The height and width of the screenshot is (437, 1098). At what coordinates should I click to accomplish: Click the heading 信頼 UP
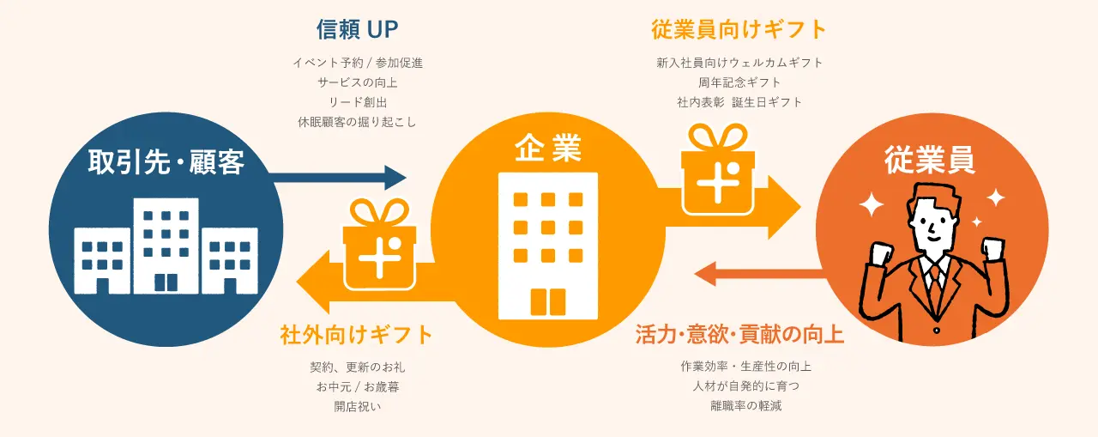(x=358, y=30)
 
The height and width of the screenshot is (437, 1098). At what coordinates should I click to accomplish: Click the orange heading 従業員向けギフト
(x=739, y=30)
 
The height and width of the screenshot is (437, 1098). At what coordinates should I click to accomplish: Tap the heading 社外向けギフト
(x=357, y=335)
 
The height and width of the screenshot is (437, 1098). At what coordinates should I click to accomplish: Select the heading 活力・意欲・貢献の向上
(x=739, y=335)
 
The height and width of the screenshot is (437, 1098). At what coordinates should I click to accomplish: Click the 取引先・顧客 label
(x=166, y=162)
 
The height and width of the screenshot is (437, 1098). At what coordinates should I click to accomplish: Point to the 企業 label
(x=548, y=150)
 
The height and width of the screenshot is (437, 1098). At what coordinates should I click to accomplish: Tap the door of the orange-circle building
(x=548, y=302)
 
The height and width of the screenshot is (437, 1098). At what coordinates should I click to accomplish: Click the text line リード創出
(x=358, y=102)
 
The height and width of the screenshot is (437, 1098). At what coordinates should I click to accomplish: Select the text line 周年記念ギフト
(x=739, y=82)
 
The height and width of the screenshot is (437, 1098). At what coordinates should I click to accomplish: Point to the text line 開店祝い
(x=358, y=406)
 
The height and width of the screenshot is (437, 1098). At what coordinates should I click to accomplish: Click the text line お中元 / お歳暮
(x=358, y=386)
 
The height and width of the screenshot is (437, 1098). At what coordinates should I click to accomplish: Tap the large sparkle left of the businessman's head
(x=872, y=205)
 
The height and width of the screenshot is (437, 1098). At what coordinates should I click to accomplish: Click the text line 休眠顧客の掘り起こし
(x=358, y=122)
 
